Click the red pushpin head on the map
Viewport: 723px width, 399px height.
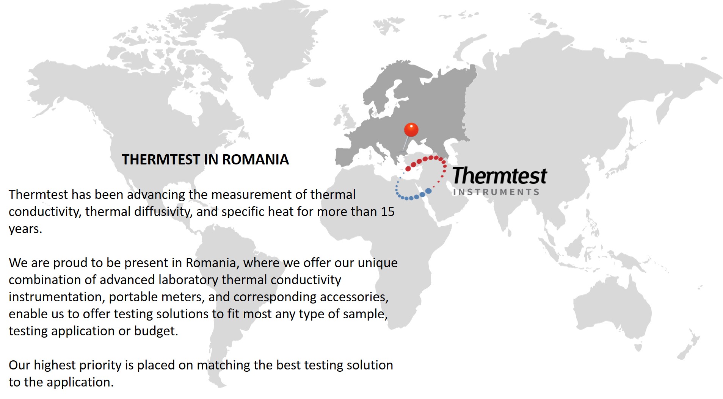411,130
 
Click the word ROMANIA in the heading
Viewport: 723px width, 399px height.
256,160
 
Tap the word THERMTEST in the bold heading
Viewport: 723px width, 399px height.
161,160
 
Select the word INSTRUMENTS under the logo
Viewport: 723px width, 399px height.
496,192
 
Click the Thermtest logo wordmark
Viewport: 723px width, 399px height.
500,176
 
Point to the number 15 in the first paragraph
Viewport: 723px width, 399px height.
387,211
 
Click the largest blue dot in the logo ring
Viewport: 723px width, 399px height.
428,191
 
